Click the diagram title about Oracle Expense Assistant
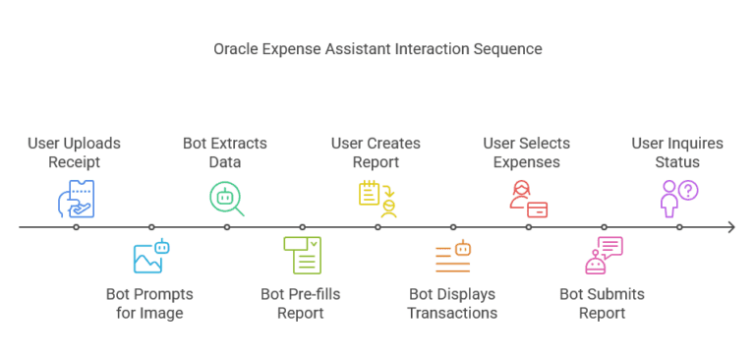pyautogui.click(x=377, y=48)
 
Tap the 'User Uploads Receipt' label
pyautogui.click(x=76, y=152)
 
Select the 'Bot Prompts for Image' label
pyautogui.click(x=150, y=304)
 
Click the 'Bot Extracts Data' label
pyautogui.click(x=226, y=152)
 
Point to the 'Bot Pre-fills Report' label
pyautogui.click(x=302, y=304)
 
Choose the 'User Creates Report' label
pyautogui.click(x=377, y=152)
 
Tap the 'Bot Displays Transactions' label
pyautogui.click(x=452, y=304)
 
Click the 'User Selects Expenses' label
pyautogui.click(x=528, y=152)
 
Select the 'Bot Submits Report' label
pyautogui.click(x=603, y=304)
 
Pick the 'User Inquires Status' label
pyautogui.click(x=678, y=152)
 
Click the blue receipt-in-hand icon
pyautogui.click(x=76, y=197)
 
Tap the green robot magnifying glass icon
pyautogui.click(x=226, y=198)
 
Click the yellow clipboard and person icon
pyautogui.click(x=377, y=198)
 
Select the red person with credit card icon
pyautogui.click(x=528, y=198)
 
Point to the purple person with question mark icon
pyautogui.click(x=678, y=198)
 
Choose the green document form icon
pyautogui.click(x=302, y=256)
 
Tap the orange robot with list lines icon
pyautogui.click(x=452, y=256)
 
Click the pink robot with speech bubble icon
pyautogui.click(x=603, y=256)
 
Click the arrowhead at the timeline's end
pyautogui.click(x=730, y=227)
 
